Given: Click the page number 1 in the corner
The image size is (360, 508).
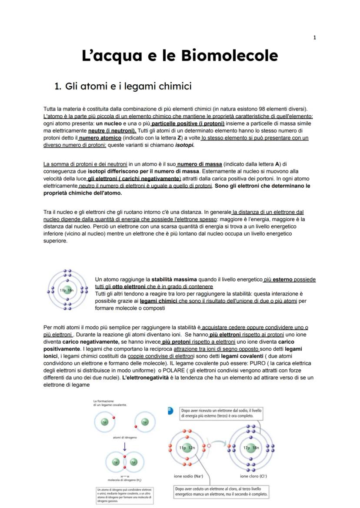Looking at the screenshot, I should click(314, 38).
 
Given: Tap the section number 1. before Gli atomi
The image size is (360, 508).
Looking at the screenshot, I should click(58, 86).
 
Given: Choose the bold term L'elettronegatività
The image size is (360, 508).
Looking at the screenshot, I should click(147, 378).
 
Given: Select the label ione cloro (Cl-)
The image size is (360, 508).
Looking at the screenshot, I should click(253, 476).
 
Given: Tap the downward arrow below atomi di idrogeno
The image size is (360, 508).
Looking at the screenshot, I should click(124, 446).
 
